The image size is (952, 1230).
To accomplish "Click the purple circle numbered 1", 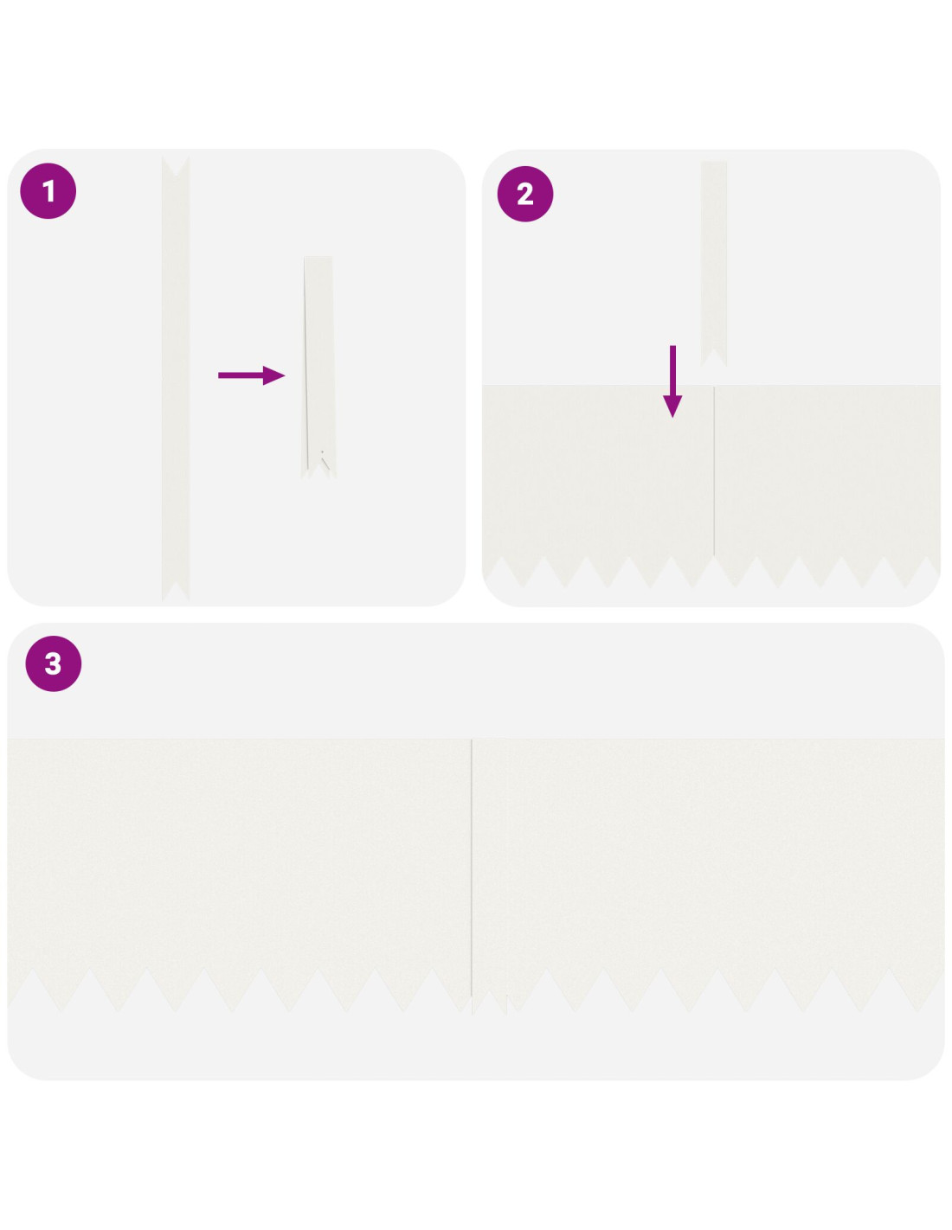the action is tap(48, 191).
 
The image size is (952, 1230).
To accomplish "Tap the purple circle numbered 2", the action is tap(525, 194).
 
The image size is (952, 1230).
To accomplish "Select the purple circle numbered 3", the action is tap(54, 663).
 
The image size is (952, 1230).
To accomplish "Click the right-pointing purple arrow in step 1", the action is tap(252, 375).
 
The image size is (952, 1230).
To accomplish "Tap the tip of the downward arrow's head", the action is tap(672, 418).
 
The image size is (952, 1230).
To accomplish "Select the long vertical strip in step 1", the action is tap(176, 379).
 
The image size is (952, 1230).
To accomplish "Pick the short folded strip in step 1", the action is tap(318, 367).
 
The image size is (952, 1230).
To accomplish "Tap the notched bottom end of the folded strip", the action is tap(318, 471).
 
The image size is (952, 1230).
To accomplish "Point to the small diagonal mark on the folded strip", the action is tap(325, 461).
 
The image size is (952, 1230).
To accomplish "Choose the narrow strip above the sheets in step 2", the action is tap(714, 263).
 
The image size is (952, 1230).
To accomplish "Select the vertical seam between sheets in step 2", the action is tap(714, 471).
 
